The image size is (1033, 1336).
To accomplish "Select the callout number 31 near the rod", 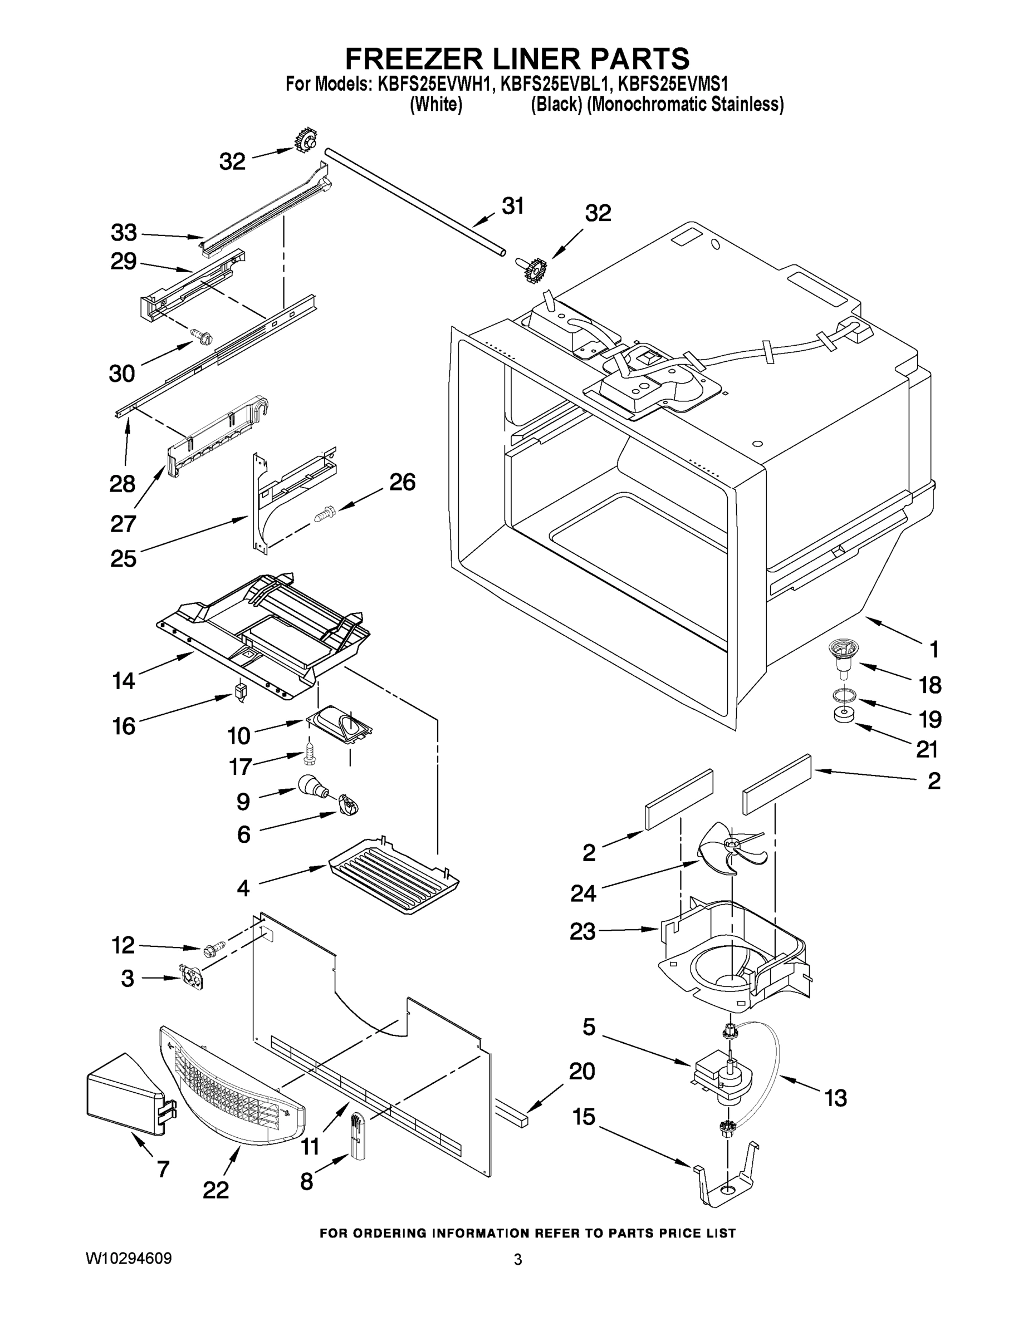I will (513, 207).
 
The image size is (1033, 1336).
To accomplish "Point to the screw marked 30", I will (202, 335).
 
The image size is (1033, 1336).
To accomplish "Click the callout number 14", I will (123, 680).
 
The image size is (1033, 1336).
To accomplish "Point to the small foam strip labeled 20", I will (512, 1114).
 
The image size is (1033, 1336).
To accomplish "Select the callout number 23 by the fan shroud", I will (582, 931).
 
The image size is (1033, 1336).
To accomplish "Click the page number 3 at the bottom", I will (518, 1260).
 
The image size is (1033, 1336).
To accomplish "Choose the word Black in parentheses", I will (556, 105).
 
